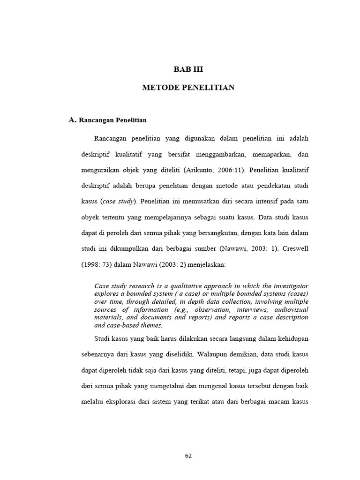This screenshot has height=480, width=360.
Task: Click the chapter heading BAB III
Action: [188, 69]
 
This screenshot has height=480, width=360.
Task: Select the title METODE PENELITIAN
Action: [188, 88]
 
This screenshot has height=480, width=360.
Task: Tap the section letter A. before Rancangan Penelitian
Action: [72, 120]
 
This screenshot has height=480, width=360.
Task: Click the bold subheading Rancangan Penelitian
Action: [113, 120]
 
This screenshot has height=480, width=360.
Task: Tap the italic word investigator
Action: [288, 286]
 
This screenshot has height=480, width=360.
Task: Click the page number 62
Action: [187, 456]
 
